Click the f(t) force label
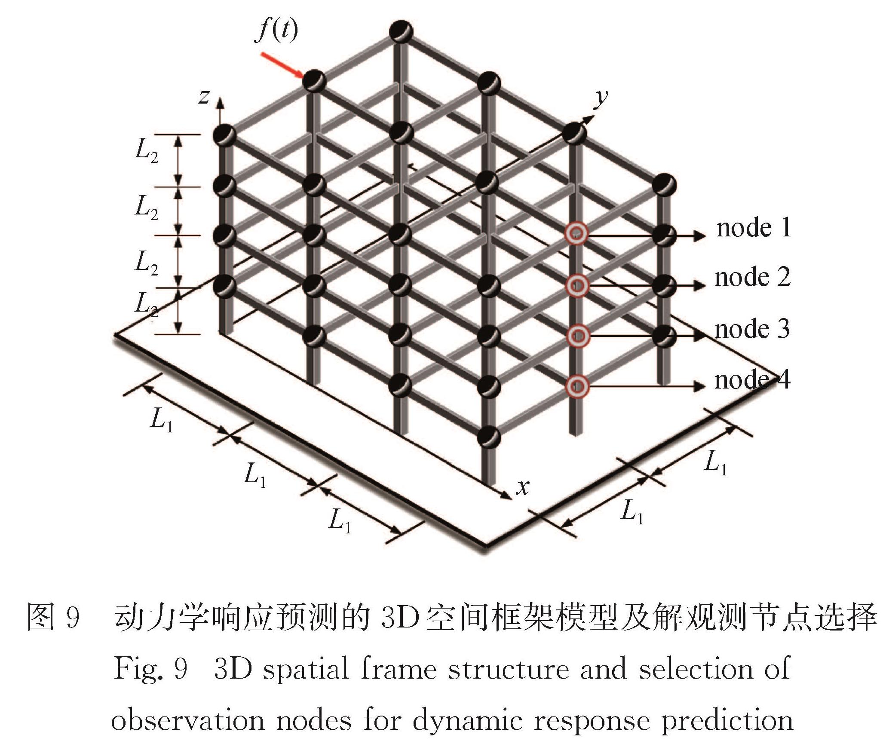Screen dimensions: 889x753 [x=276, y=31]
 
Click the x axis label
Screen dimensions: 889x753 [x=523, y=487]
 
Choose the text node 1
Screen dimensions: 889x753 [x=754, y=227]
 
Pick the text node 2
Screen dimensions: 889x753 [x=753, y=277]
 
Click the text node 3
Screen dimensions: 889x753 [x=752, y=329]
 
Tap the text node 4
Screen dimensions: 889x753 [x=752, y=380]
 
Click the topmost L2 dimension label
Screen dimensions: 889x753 [x=147, y=151]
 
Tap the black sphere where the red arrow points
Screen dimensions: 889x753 [x=315, y=81]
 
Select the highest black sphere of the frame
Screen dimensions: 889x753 [x=401, y=31]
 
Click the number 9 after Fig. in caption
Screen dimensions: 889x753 [x=181, y=669]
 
